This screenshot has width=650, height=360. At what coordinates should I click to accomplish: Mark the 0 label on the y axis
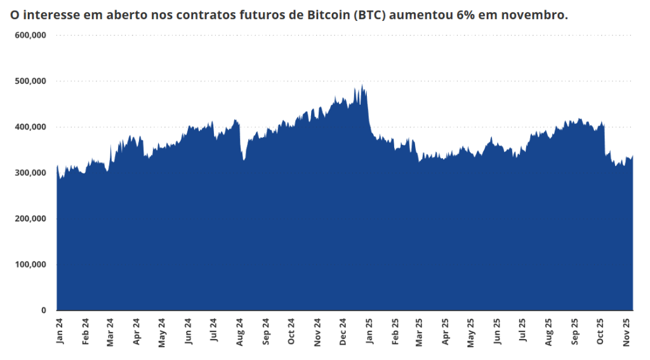[x=44, y=310]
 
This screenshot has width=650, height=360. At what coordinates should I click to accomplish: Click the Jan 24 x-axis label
[x=60, y=331]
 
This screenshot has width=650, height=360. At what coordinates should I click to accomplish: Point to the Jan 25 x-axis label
[x=369, y=331]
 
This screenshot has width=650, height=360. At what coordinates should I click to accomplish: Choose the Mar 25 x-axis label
[x=420, y=331]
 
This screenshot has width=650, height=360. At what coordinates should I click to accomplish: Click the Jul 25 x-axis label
[x=522, y=331]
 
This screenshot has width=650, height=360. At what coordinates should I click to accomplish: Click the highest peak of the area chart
[x=362, y=85]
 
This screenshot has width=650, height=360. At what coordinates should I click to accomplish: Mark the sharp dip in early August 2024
[x=244, y=159]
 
